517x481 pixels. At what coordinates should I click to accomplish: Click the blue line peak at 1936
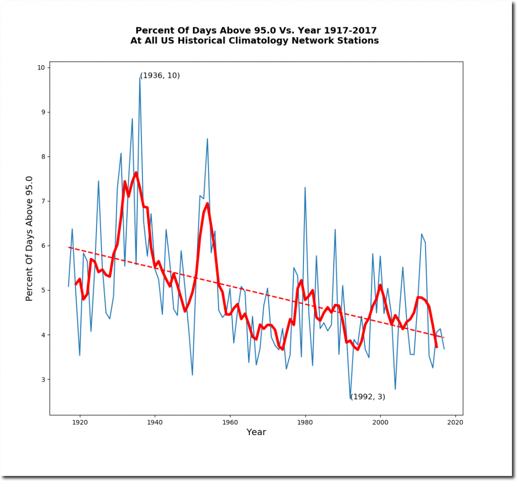140,77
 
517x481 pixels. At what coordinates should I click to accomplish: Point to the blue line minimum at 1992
350,399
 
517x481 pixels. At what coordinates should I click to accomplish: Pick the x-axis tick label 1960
230,422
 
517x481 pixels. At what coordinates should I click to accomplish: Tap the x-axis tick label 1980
305,422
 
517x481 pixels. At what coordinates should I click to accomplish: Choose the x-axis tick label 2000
380,422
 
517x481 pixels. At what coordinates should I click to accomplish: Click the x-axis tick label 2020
455,422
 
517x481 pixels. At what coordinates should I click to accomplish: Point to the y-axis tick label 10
40,68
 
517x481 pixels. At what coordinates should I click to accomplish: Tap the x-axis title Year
256,433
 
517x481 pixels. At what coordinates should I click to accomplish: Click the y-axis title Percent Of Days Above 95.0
29,238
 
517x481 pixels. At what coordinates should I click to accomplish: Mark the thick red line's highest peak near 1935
136,173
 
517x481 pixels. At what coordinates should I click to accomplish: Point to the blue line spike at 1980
305,187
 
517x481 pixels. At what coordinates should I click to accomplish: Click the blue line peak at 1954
208,138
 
